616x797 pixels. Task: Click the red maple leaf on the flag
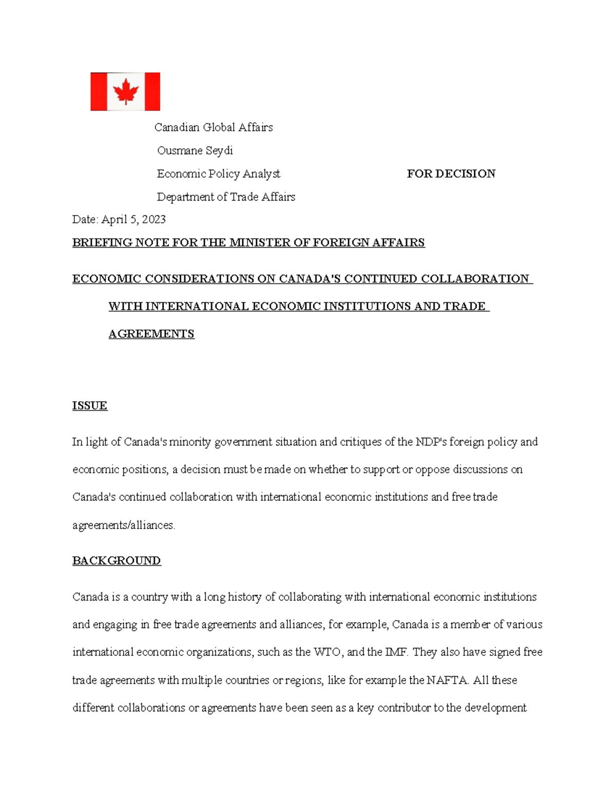tap(126, 92)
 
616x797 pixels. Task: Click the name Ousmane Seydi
tap(195, 150)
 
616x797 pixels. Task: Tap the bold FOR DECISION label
tap(451, 173)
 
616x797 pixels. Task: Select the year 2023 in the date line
tap(153, 220)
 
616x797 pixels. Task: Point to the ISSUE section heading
tap(90, 405)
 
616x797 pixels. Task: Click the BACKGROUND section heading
tap(117, 560)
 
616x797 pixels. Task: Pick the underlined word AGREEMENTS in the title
tap(151, 334)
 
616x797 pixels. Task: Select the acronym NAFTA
tap(447, 680)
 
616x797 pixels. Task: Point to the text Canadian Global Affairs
tap(214, 127)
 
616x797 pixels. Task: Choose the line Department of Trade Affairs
tap(226, 197)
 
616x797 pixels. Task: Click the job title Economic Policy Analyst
tap(219, 174)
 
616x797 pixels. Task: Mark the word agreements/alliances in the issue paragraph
tap(124, 525)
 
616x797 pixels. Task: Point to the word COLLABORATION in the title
tap(475, 279)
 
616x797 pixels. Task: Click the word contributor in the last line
tap(404, 708)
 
